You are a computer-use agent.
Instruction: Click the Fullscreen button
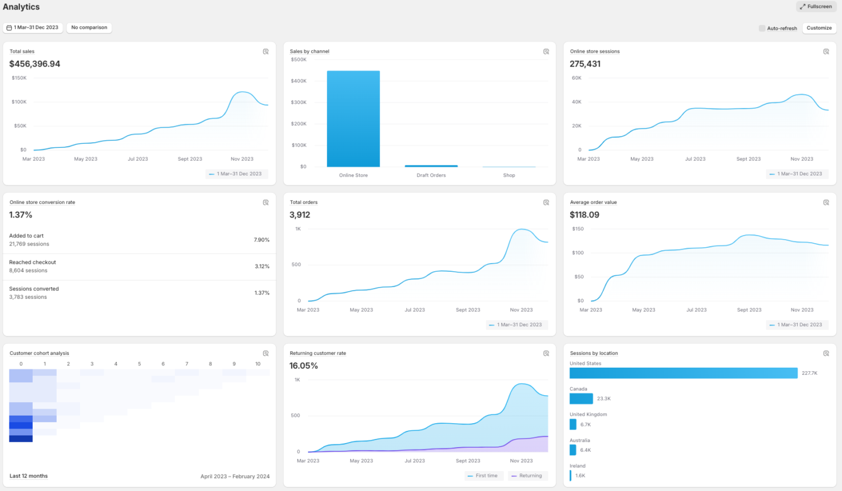tap(816, 6)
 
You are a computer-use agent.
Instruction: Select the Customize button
tap(819, 28)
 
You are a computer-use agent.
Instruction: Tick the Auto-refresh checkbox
tap(762, 28)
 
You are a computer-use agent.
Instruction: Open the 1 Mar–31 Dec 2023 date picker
tap(33, 27)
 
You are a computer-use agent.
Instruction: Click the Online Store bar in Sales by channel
tap(353, 119)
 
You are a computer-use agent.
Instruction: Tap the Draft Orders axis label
tap(431, 175)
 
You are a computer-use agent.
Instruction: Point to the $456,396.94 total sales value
tap(34, 64)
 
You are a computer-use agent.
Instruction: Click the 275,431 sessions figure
tap(585, 64)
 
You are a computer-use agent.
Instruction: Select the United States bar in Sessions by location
tap(684, 373)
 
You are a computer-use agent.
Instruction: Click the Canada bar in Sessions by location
tap(581, 399)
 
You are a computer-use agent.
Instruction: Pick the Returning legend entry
tap(527, 476)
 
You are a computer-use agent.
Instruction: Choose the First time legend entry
tap(484, 476)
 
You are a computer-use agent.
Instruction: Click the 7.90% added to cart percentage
tap(261, 240)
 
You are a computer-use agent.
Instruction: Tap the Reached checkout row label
tap(32, 262)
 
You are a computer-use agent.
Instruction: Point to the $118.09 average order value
tap(585, 215)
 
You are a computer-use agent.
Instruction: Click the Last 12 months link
tap(29, 476)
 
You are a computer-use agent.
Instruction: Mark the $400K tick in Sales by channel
tap(299, 81)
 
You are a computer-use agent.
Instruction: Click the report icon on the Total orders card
tap(546, 202)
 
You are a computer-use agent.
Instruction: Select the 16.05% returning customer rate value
tap(303, 366)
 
